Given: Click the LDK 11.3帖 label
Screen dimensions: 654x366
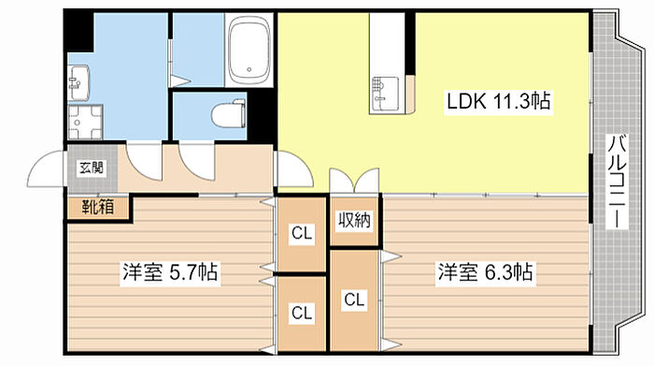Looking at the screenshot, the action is pyautogui.click(x=498, y=101).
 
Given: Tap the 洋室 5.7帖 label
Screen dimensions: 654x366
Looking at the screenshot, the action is pyautogui.click(x=170, y=272).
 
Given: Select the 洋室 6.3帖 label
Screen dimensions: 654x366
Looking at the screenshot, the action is pyautogui.click(x=485, y=272).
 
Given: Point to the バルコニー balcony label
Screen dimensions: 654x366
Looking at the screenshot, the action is pyautogui.click(x=618, y=182).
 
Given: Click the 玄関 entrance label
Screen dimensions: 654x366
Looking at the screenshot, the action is pyautogui.click(x=92, y=168).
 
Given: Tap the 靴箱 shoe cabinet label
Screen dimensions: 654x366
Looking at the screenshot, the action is pyautogui.click(x=98, y=207).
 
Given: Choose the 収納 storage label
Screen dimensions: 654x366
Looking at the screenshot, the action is pyautogui.click(x=354, y=220).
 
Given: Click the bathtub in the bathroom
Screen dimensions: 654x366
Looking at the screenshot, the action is pyautogui.click(x=249, y=50).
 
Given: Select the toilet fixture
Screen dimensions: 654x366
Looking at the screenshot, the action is pyautogui.click(x=228, y=113).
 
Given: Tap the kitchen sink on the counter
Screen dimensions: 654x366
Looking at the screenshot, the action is pyautogui.click(x=385, y=94).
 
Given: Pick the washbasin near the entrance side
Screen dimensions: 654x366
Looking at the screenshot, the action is pyautogui.click(x=78, y=82).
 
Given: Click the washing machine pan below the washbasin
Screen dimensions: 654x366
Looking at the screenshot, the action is pyautogui.click(x=85, y=122).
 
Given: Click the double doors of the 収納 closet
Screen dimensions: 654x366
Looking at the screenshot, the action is pyautogui.click(x=354, y=181).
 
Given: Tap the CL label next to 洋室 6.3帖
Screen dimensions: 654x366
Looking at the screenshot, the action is pyautogui.click(x=354, y=300).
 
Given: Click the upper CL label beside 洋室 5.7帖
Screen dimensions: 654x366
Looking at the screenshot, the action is pyautogui.click(x=302, y=233).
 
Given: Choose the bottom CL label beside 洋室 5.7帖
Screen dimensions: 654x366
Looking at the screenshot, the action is pyautogui.click(x=302, y=312).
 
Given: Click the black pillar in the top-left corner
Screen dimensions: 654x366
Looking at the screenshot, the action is pyautogui.click(x=78, y=30).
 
